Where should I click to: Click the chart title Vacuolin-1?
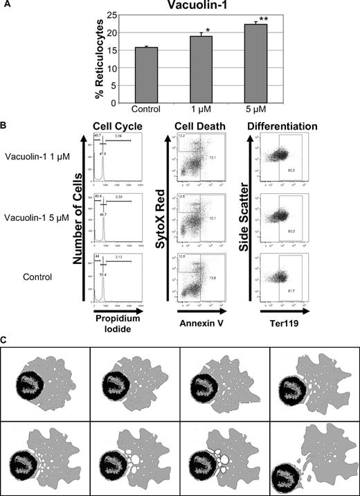tap(199, 6)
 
